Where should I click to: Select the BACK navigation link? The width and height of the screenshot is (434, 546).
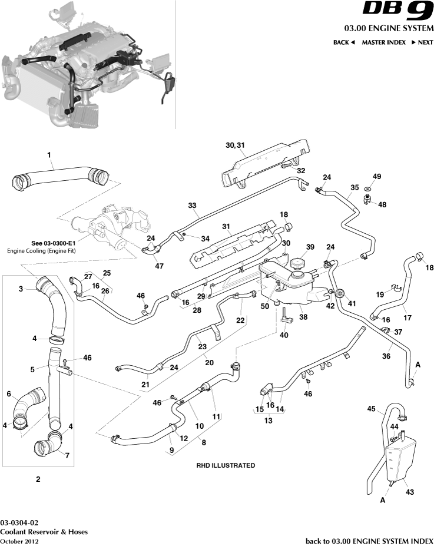(x=344, y=42)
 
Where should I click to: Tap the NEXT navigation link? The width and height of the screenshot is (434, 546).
(x=422, y=42)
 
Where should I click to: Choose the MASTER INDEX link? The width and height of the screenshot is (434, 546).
(x=383, y=42)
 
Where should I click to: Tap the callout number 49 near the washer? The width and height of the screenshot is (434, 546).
(x=377, y=176)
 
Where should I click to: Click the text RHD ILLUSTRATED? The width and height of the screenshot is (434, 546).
(x=226, y=465)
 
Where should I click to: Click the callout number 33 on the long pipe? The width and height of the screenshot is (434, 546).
(x=192, y=206)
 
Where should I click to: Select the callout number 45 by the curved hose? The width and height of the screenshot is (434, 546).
(x=371, y=408)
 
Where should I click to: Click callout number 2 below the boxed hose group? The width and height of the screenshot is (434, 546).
(x=38, y=479)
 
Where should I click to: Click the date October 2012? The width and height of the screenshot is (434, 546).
(x=19, y=541)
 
